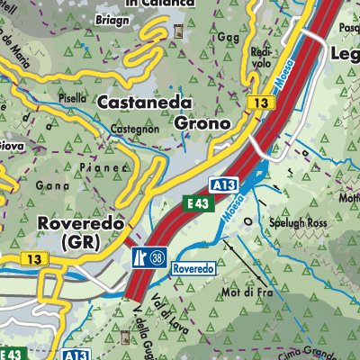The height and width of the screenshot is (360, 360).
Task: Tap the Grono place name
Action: (x=202, y=121)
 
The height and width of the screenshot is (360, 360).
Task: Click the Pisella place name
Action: (x=74, y=98)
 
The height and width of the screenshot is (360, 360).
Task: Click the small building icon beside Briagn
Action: (x=177, y=33)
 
